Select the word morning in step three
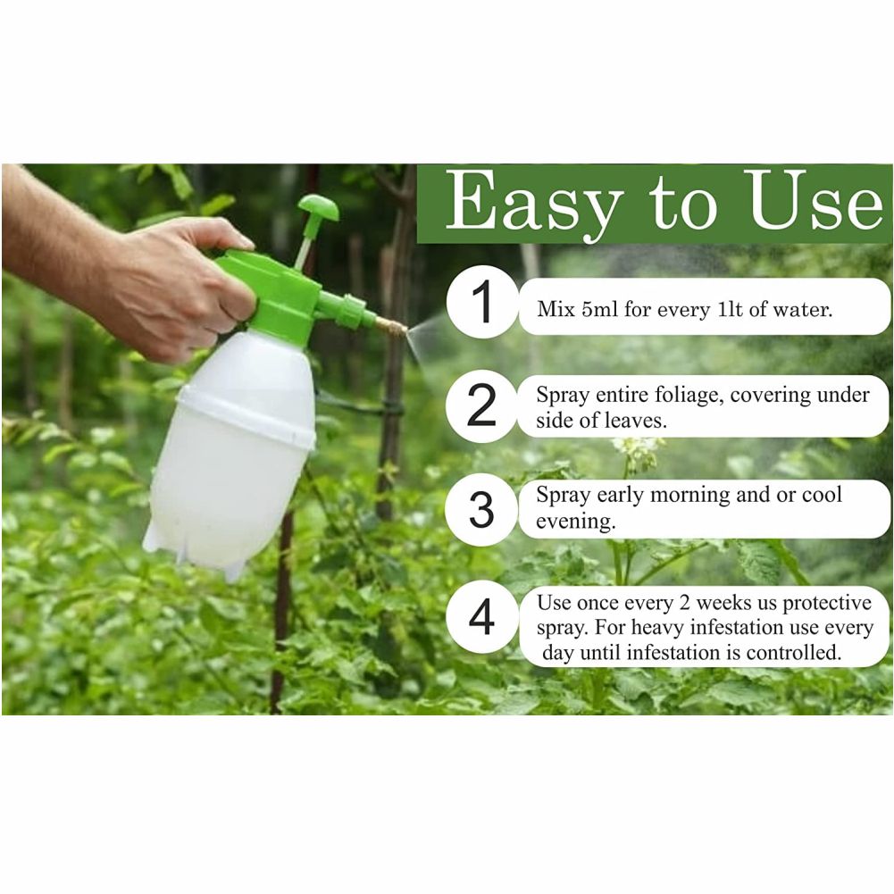pos(689,496)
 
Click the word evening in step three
pos(575,522)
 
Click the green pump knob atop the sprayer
pos(319,208)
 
